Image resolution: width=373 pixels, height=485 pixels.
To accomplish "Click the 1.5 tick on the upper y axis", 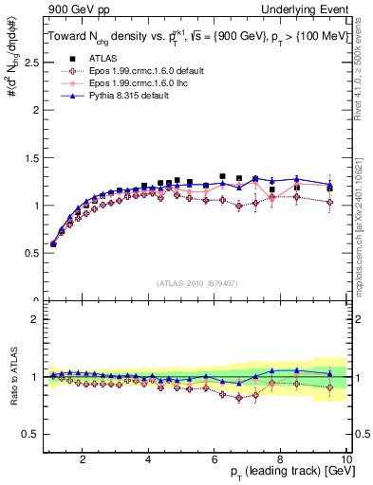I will tap(34, 157).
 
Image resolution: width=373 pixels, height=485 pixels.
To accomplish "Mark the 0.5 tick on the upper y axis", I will tap(34, 253).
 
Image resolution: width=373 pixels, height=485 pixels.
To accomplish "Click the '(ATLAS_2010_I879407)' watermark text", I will tap(197, 283).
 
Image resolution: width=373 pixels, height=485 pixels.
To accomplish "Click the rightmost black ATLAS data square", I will tap(329, 189).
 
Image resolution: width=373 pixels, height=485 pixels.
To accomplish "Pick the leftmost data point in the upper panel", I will tap(53, 243).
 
